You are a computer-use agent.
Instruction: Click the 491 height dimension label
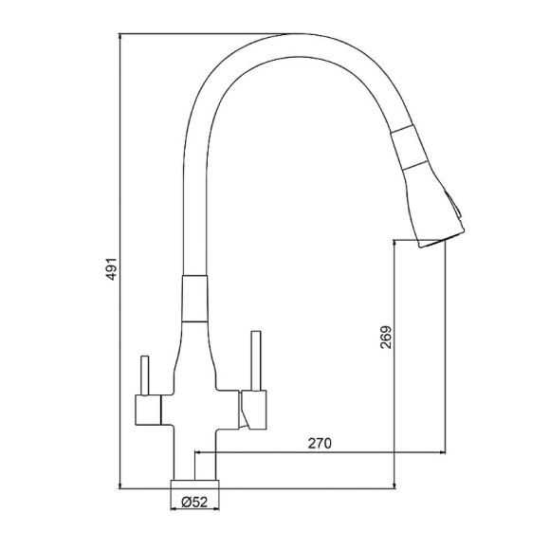pos(112,269)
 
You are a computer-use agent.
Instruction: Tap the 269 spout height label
pos(386,338)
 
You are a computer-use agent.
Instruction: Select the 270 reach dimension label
pos(320,444)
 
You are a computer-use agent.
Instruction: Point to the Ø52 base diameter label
pos(194,503)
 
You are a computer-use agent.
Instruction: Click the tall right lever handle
pos(256,360)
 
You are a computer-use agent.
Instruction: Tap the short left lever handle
pos(144,376)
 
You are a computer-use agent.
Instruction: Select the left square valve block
pos(148,410)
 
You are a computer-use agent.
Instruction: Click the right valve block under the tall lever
pos(253,410)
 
